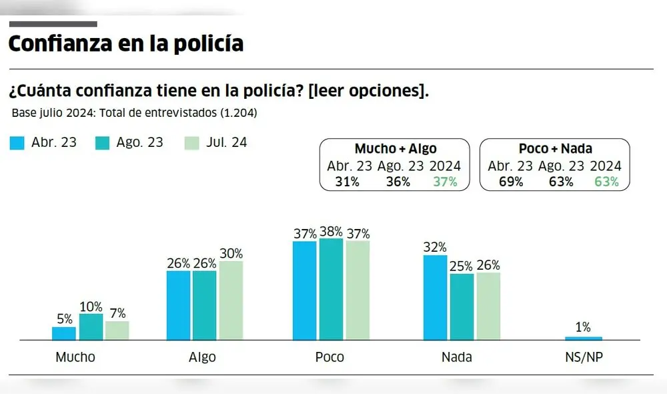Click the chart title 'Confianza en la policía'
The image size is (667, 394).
pyautogui.click(x=125, y=43)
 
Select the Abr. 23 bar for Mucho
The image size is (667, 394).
pyautogui.click(x=64, y=333)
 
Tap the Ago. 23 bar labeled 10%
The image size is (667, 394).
pyautogui.click(x=91, y=327)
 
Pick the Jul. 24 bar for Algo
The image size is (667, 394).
pyautogui.click(x=231, y=301)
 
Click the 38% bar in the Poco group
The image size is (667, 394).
pyautogui.click(x=331, y=289)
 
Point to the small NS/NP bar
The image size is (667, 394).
pyautogui.click(x=583, y=338)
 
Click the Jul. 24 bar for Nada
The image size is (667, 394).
pyautogui.click(x=488, y=306)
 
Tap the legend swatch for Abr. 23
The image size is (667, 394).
pyautogui.click(x=18, y=143)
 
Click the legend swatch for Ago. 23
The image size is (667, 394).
pyautogui.click(x=103, y=143)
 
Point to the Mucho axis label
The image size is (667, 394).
pyautogui.click(x=75, y=357)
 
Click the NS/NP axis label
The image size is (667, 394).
pyautogui.click(x=584, y=357)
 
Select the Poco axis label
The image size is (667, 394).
pyautogui.click(x=329, y=357)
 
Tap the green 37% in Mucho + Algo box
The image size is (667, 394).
pyautogui.click(x=444, y=182)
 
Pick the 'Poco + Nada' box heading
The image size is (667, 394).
pyautogui.click(x=555, y=149)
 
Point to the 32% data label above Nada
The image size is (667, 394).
pyautogui.click(x=435, y=247)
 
